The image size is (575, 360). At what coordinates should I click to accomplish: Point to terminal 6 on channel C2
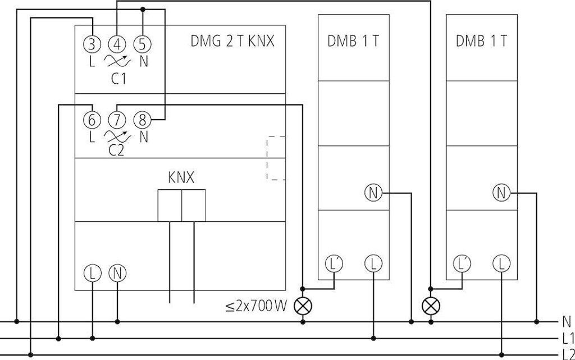(x=92, y=120)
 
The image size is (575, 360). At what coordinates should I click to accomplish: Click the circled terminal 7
(x=117, y=120)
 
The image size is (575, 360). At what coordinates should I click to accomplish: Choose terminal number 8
(x=143, y=120)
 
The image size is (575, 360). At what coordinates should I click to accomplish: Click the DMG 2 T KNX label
(x=232, y=41)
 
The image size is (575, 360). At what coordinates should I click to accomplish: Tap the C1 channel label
(x=118, y=79)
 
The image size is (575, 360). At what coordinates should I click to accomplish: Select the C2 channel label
(x=117, y=151)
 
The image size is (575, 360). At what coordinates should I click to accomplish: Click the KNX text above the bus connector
(x=181, y=178)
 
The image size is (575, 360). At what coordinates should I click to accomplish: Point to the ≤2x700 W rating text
(x=256, y=306)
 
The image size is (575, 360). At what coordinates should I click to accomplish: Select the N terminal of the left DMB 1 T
(x=373, y=193)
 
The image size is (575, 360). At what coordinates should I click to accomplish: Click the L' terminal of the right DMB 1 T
(x=462, y=263)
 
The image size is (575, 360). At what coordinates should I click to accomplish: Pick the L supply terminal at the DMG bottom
(x=92, y=274)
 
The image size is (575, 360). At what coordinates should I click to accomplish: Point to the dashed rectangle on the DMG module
(x=276, y=158)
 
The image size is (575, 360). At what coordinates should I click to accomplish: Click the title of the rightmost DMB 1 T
(x=481, y=41)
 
